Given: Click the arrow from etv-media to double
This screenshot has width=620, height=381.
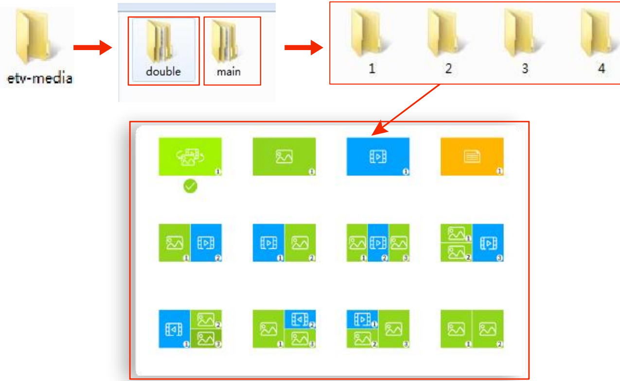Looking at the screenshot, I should [x=92, y=48].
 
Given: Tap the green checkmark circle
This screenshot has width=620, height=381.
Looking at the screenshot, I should [x=190, y=186].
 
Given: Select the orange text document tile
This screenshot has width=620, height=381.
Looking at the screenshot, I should [x=472, y=156].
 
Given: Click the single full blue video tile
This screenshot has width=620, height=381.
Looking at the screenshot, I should [x=378, y=156].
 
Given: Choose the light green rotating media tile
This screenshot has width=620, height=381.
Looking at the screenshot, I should [x=190, y=156].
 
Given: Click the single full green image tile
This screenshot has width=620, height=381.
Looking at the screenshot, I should [x=284, y=156].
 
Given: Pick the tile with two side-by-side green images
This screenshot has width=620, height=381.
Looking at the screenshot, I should [x=472, y=329].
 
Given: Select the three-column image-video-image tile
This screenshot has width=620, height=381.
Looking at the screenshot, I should [x=378, y=243].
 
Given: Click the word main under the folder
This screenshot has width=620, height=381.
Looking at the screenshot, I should [x=229, y=71].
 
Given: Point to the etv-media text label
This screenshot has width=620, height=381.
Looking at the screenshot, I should [x=40, y=78].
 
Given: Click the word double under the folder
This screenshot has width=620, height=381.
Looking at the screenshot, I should [x=163, y=71].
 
